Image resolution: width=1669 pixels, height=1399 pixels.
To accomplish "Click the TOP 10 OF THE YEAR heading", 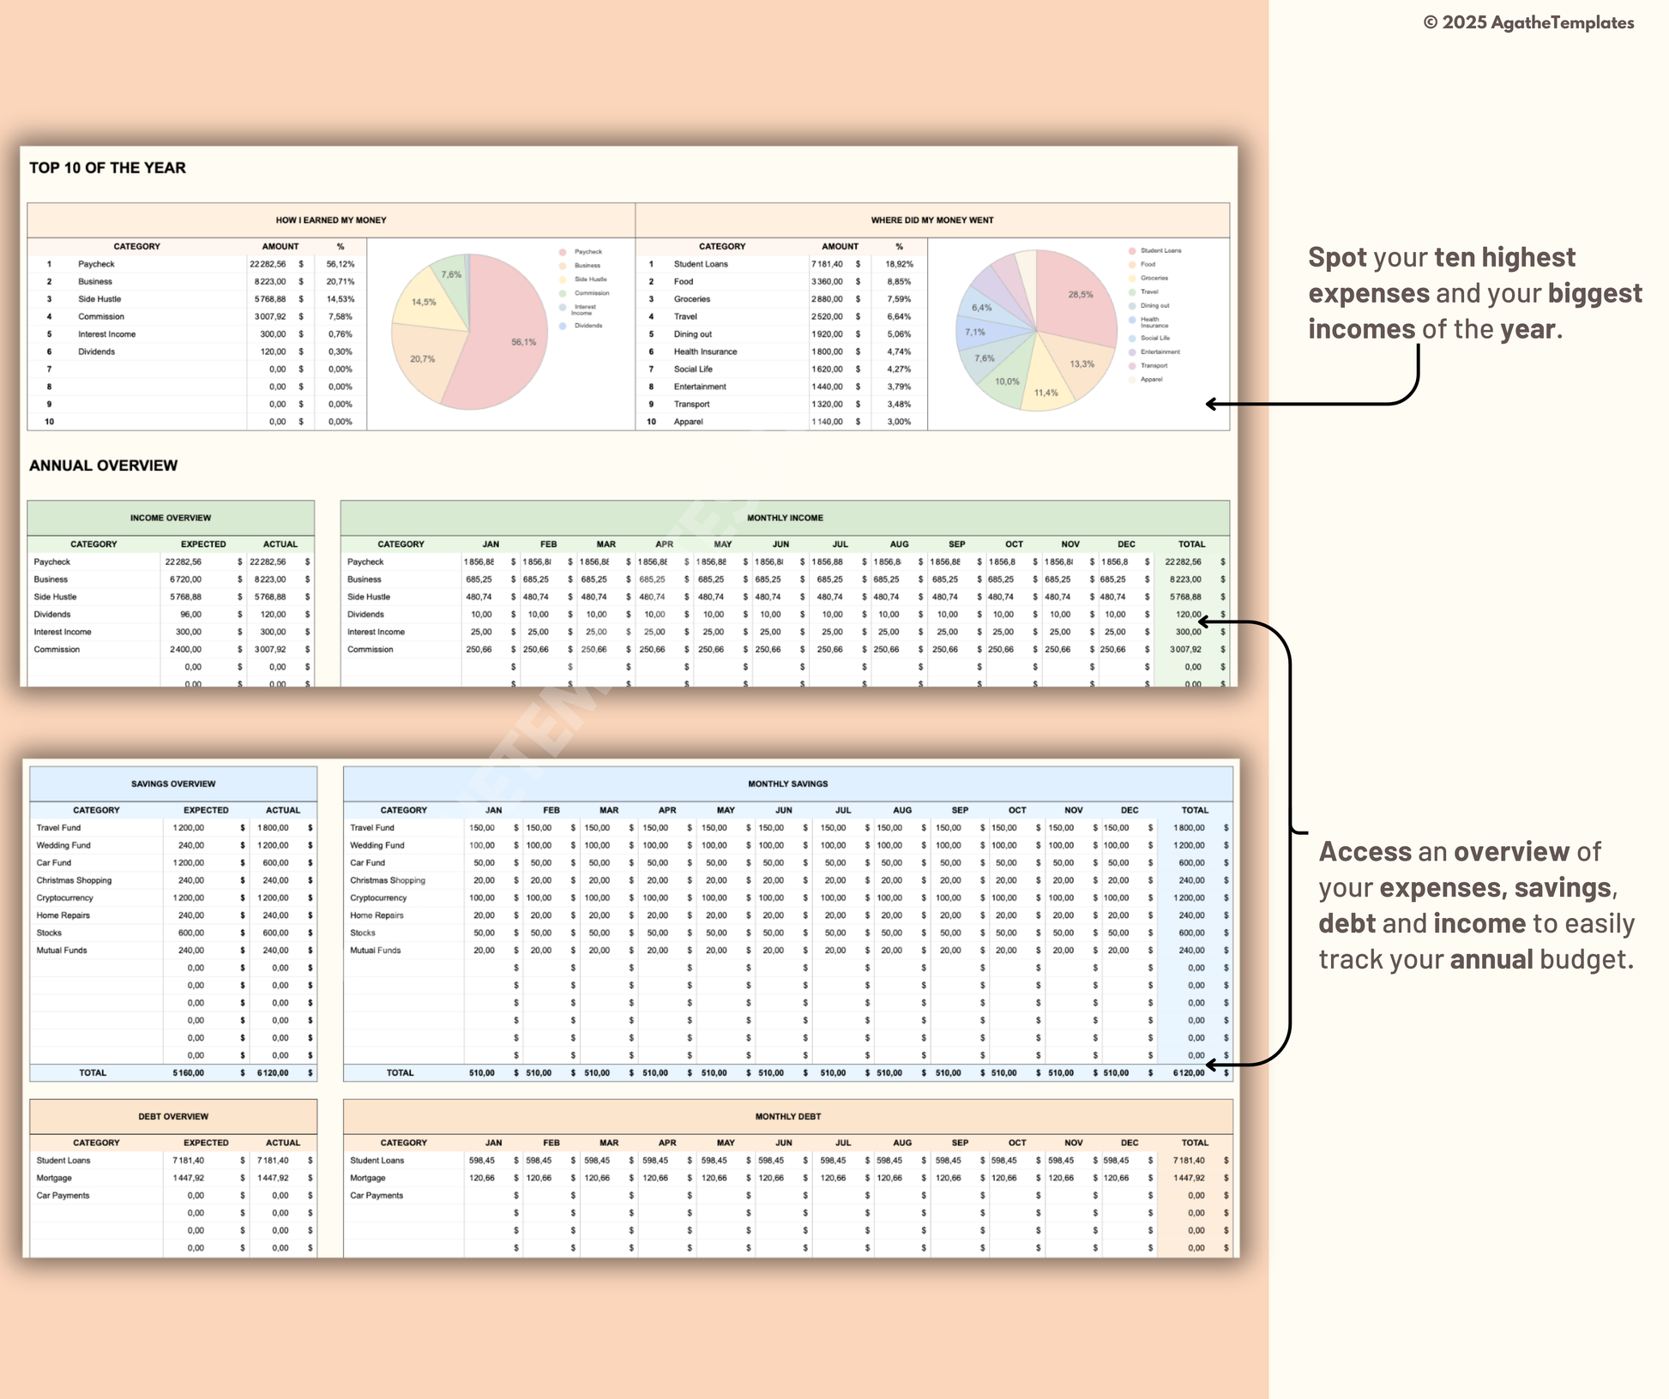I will point(107,168).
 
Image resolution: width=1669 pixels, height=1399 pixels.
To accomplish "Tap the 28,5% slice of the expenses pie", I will point(1076,296).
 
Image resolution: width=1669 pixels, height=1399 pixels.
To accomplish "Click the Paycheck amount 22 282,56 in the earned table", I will point(268,264).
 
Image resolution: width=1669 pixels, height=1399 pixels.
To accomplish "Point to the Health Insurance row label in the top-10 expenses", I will point(705,351).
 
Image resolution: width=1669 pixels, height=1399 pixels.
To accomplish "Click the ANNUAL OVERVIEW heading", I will point(103,465).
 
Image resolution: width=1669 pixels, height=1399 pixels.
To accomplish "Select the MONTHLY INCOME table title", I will point(785,518).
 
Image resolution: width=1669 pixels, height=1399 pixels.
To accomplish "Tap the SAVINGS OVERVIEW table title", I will point(173,784).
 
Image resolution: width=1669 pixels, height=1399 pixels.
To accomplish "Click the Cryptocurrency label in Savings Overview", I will point(64,898).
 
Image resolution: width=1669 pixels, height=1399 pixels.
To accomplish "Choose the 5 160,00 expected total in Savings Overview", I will point(188,1072).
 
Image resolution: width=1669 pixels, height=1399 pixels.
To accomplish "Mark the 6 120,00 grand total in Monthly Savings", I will point(1189,1072).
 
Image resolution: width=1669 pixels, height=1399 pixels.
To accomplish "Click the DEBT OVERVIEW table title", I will point(173,1116).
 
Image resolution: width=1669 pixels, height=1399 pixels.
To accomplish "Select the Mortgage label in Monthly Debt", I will point(367,1178).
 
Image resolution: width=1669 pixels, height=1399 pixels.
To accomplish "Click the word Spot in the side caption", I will point(1337,257).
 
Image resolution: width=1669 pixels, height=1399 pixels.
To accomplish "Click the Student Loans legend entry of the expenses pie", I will point(1160,250).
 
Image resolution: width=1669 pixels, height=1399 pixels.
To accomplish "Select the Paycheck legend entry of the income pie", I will point(587,252).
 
